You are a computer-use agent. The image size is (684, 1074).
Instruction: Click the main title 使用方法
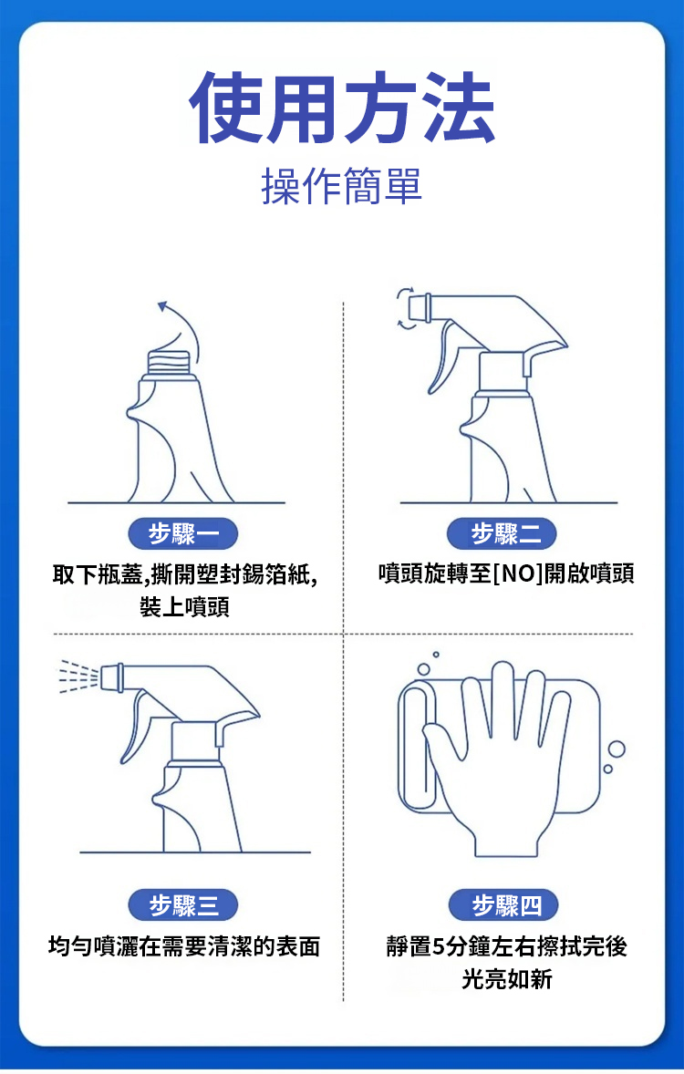pos(342,108)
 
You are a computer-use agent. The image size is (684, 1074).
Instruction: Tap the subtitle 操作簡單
pos(342,186)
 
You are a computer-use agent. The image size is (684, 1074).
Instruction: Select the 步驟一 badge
pos(183,533)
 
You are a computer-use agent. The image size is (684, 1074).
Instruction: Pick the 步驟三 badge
pos(183,905)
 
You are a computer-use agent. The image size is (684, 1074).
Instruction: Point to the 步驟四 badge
pos(504,905)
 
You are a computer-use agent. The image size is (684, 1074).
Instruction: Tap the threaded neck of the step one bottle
pos(169,362)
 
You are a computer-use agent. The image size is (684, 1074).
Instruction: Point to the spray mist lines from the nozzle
pos(78,676)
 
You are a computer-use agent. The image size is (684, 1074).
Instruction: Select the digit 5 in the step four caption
pos(438,946)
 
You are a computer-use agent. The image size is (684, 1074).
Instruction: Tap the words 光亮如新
pos(507,979)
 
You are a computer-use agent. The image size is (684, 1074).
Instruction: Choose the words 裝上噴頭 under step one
pos(184,606)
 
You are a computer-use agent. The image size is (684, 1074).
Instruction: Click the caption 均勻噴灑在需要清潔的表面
pos(184,946)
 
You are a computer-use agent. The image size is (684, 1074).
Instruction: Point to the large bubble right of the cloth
pos(617,749)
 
